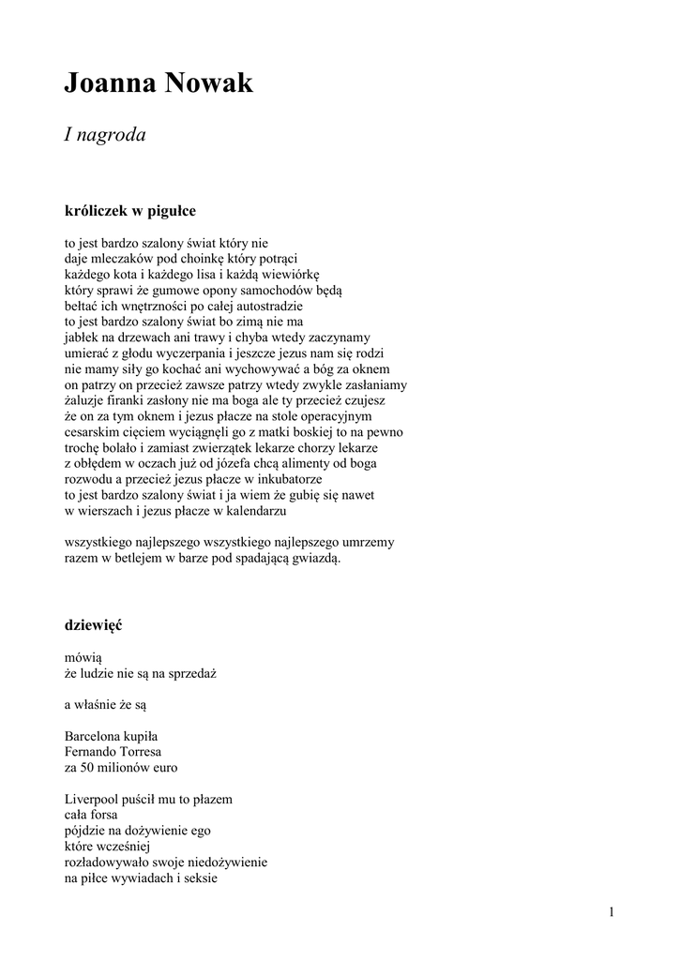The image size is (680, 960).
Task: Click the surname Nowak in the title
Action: (x=209, y=84)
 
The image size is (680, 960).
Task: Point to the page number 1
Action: (x=612, y=912)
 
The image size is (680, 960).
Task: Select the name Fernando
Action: (x=92, y=752)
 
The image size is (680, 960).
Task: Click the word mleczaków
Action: (x=121, y=259)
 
